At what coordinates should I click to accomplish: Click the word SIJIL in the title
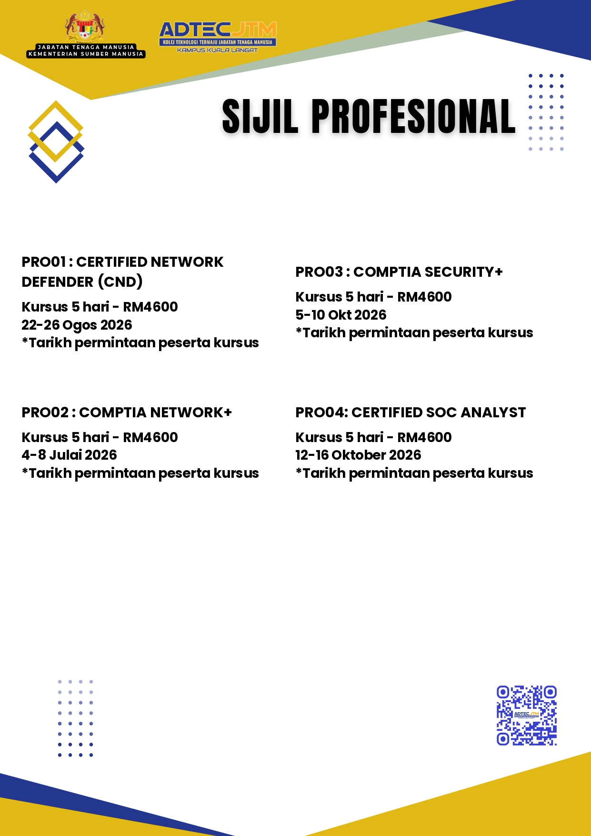pos(260,116)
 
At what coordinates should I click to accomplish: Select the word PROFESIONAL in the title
pos(413,116)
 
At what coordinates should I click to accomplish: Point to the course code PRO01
pos(44,262)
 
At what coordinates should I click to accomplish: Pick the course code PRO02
pos(45,413)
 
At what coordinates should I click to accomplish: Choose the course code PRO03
pos(319,272)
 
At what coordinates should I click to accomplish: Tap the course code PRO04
pos(320,413)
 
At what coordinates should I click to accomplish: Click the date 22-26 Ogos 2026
pos(77,325)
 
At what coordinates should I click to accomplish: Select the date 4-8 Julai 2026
pos(69,455)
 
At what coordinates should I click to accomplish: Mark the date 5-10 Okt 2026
pos(341,315)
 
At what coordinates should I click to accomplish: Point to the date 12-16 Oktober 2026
pos(358,455)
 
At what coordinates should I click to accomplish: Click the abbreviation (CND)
pos(120,282)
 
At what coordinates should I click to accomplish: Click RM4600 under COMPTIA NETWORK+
pos(150,437)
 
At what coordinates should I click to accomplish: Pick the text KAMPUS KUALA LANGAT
pos(217,50)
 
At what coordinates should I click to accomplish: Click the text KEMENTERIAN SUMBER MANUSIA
pos(86,54)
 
